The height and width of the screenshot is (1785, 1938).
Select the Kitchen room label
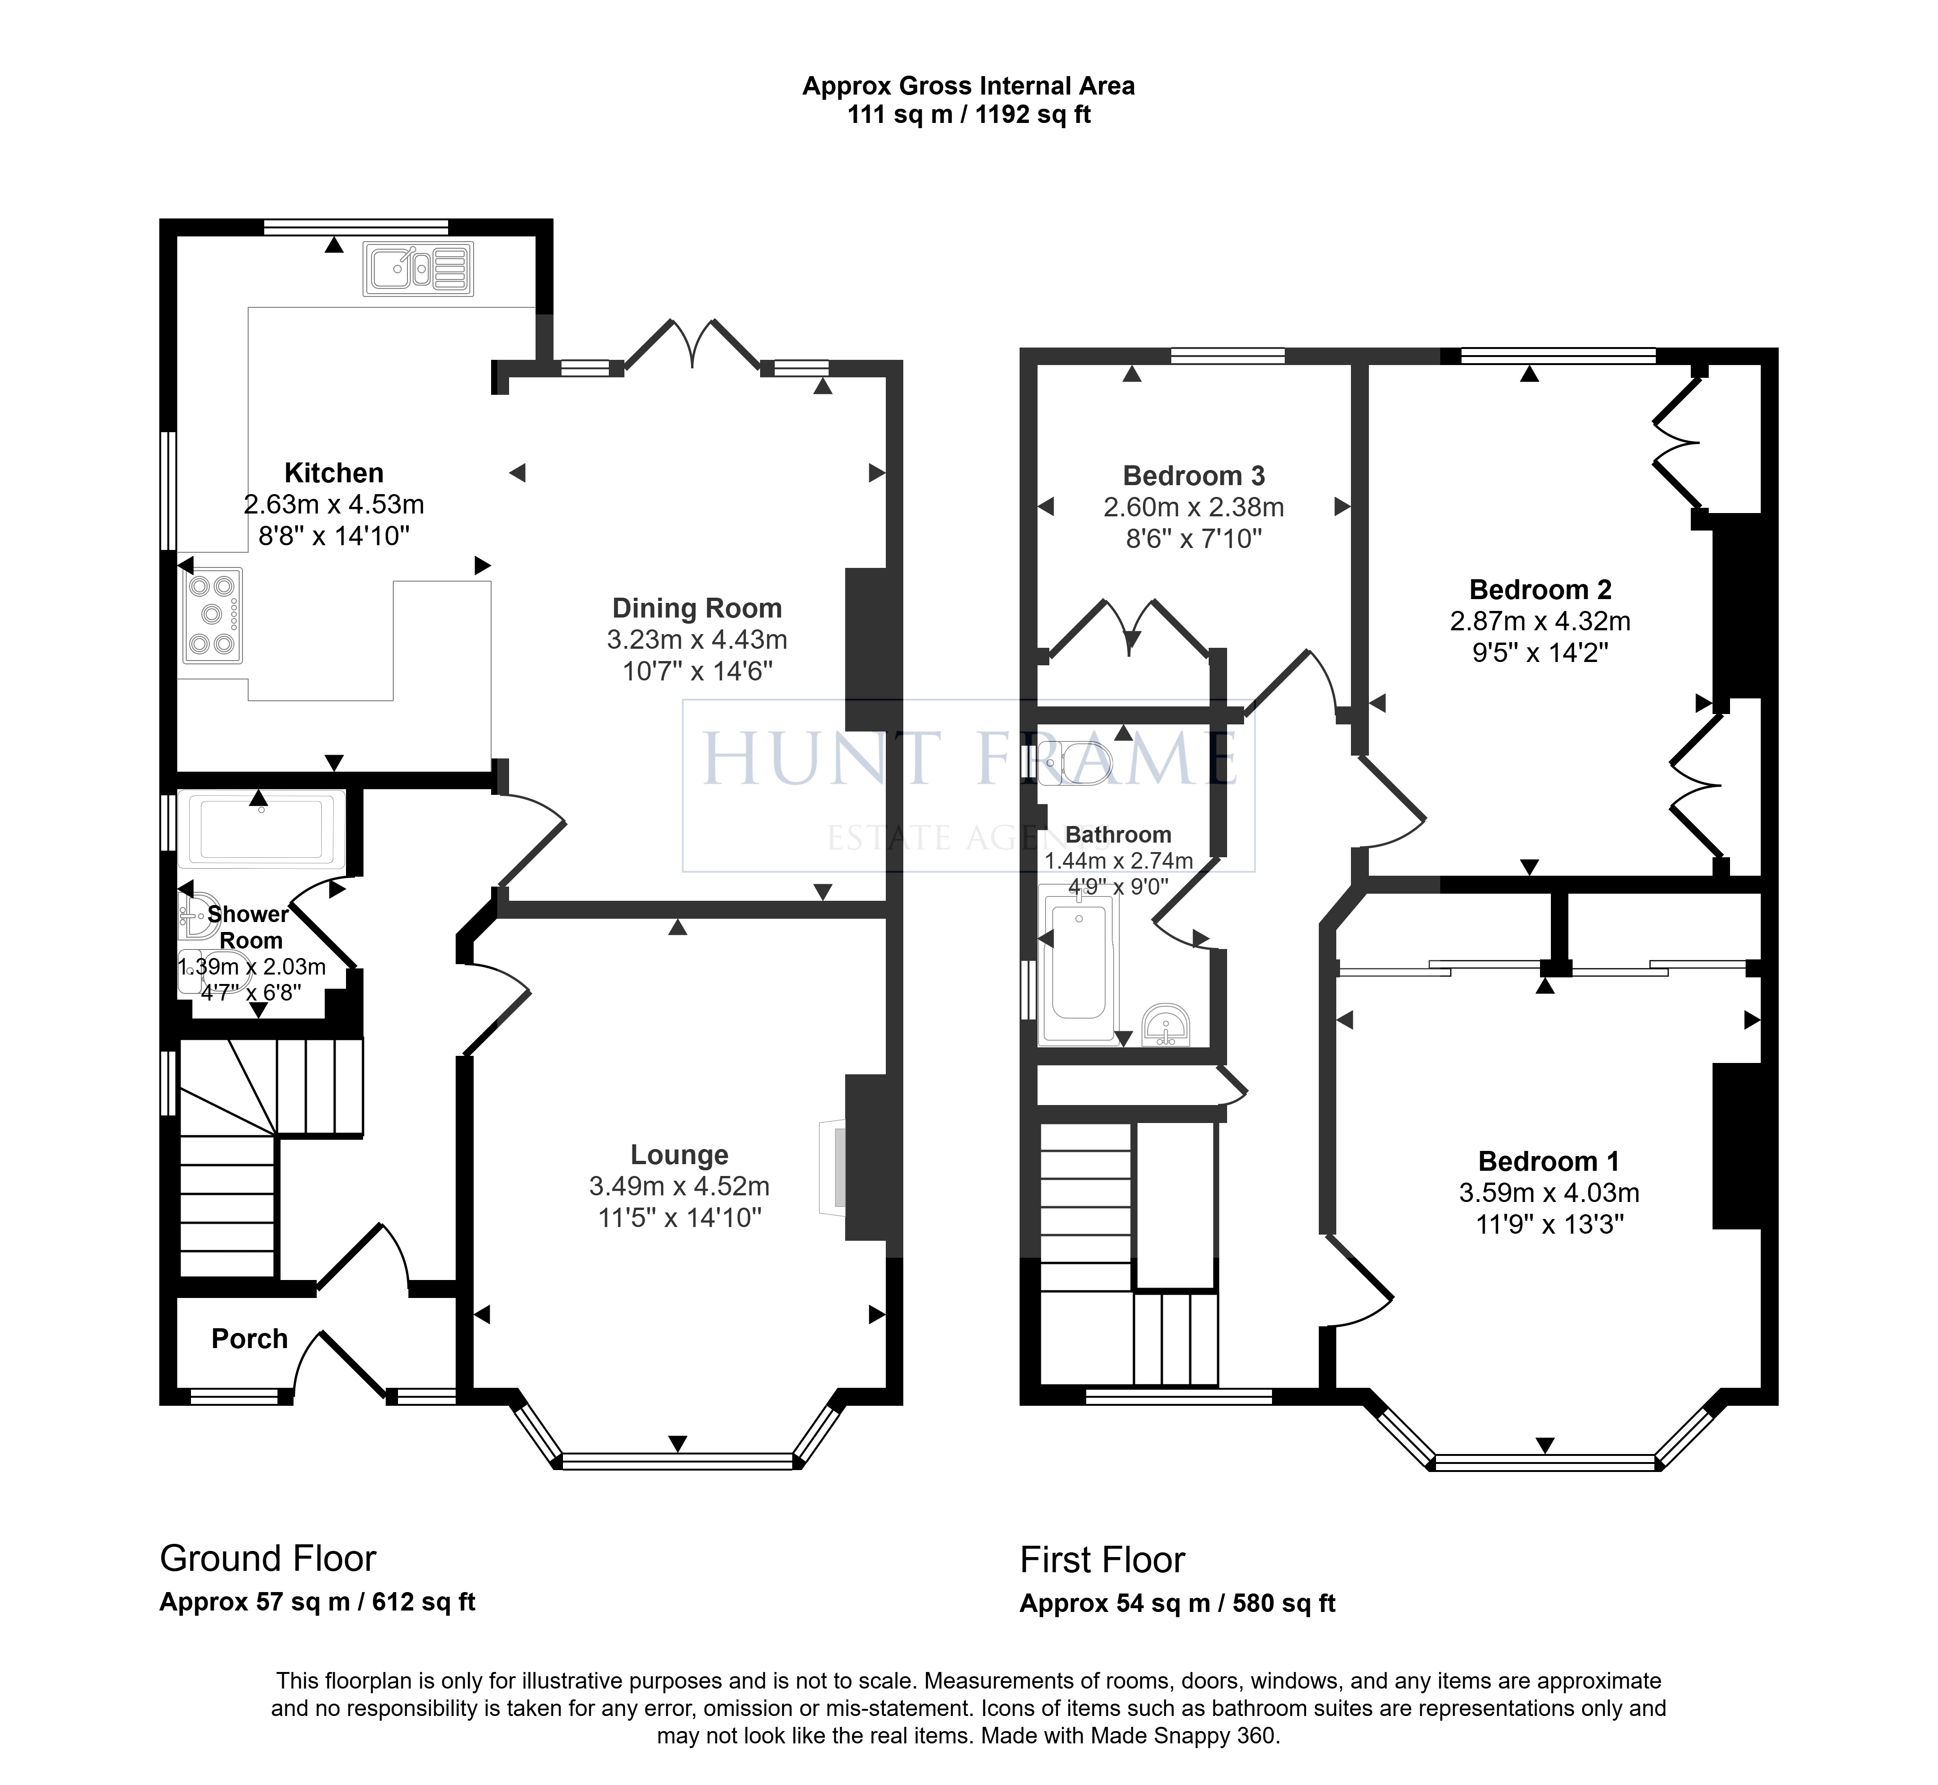tap(334, 473)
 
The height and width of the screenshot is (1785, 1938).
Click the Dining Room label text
tap(697, 609)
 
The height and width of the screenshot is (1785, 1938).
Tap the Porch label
tap(250, 1339)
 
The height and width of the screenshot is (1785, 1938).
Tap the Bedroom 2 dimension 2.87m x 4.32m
tap(1540, 621)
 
